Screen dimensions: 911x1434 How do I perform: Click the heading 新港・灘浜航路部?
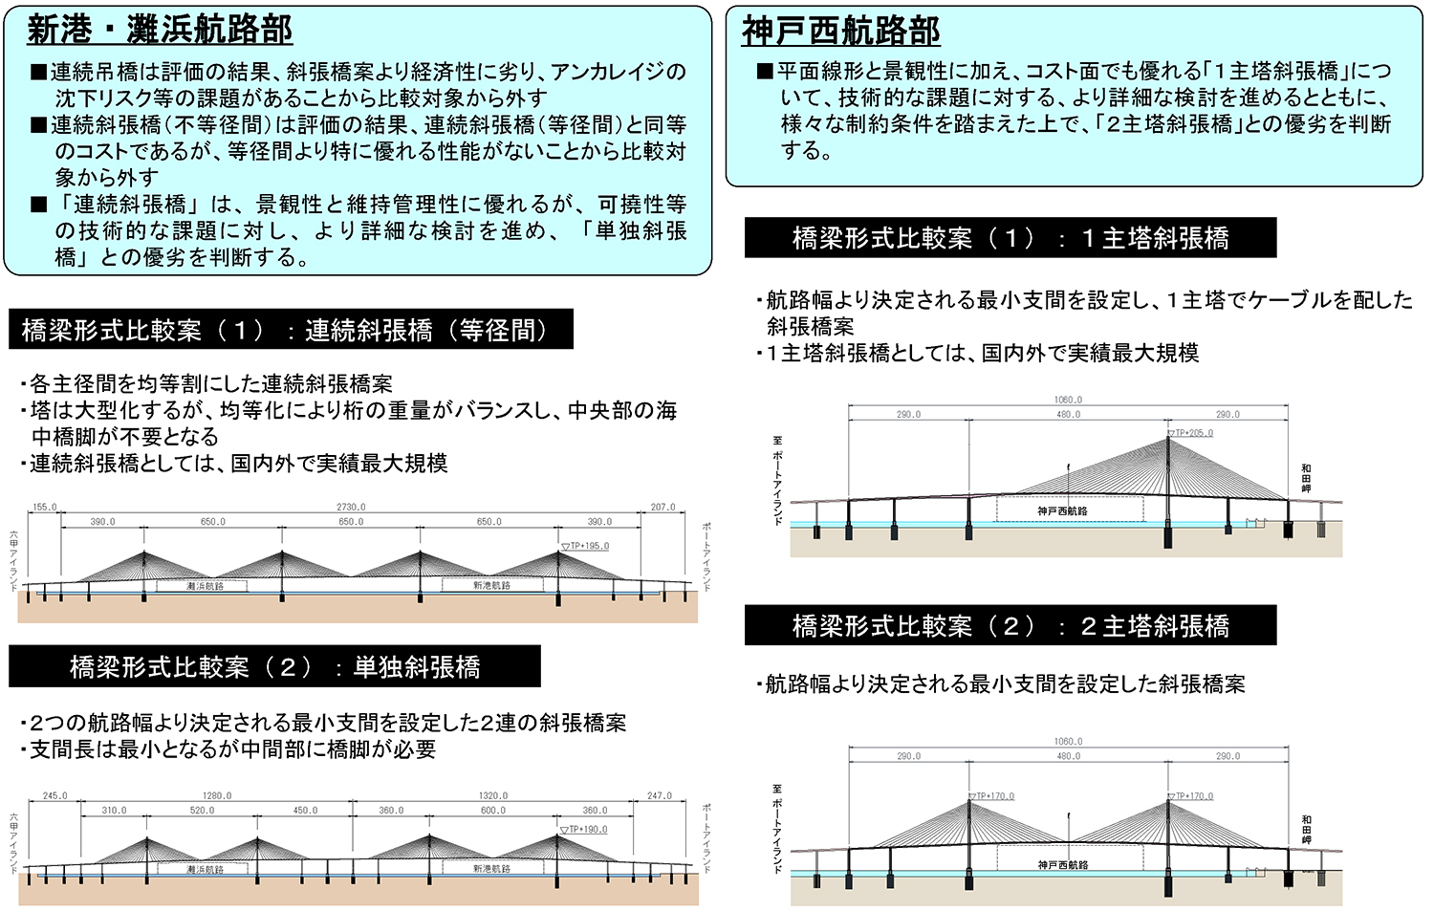tap(160, 30)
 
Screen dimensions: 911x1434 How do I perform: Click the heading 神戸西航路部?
tap(841, 32)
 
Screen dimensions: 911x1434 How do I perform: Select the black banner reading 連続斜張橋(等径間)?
tap(291, 330)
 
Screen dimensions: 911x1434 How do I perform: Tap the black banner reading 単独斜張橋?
tap(274, 666)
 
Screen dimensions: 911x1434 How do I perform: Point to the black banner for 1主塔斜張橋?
tap(1010, 238)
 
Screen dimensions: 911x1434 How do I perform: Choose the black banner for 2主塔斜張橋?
tap(1010, 626)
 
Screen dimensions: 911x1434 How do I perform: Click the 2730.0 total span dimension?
tap(351, 508)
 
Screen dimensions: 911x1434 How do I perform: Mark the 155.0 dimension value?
tap(45, 508)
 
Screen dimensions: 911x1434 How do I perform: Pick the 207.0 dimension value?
tap(663, 508)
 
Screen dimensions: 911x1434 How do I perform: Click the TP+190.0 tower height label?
tap(587, 829)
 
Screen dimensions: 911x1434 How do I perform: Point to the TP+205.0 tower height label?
tap(1193, 433)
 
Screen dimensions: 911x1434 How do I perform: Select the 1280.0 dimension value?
tap(218, 795)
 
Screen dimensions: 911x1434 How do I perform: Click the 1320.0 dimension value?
tap(493, 795)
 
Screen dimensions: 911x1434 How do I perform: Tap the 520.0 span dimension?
tap(202, 811)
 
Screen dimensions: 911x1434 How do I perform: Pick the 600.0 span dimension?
tap(493, 811)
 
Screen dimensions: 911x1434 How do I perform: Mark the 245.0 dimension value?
tap(55, 795)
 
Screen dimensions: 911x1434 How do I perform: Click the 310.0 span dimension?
tap(114, 811)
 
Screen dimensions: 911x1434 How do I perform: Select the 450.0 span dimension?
tap(305, 811)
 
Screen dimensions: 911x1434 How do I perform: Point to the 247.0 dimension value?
tap(660, 795)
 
